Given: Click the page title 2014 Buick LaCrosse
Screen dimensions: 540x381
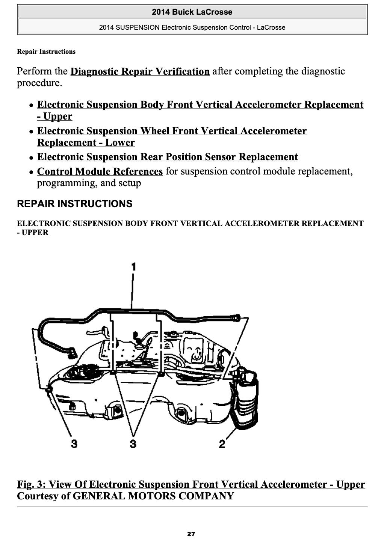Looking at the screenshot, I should [x=192, y=12].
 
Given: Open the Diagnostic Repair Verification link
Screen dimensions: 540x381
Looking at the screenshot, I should [x=140, y=71].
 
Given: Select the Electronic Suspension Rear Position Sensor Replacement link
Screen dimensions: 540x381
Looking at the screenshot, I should [x=167, y=157].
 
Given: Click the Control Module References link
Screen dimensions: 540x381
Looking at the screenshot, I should [x=100, y=171].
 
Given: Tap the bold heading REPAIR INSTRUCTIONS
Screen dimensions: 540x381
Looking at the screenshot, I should [x=74, y=204].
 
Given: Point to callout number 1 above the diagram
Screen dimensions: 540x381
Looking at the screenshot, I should [x=133, y=267].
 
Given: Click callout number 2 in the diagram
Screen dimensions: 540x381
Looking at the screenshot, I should [x=222, y=444].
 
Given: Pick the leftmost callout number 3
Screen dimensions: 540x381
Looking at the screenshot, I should [x=74, y=444].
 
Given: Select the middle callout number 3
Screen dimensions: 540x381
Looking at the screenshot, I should [x=133, y=444].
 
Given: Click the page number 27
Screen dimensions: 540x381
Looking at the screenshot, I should [x=191, y=534].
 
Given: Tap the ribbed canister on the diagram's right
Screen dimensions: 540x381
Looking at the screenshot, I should [x=246, y=399].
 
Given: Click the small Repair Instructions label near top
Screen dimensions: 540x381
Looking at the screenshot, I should [x=46, y=52].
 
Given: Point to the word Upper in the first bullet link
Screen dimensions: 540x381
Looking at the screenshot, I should [x=57, y=117].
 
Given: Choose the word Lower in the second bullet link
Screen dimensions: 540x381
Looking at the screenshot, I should [x=120, y=143].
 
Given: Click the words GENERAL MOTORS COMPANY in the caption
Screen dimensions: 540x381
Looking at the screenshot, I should [x=153, y=496].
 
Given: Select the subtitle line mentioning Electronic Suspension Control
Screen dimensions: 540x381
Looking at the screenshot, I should [x=192, y=27].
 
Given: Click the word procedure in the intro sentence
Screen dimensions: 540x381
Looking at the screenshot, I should [x=38, y=83].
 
